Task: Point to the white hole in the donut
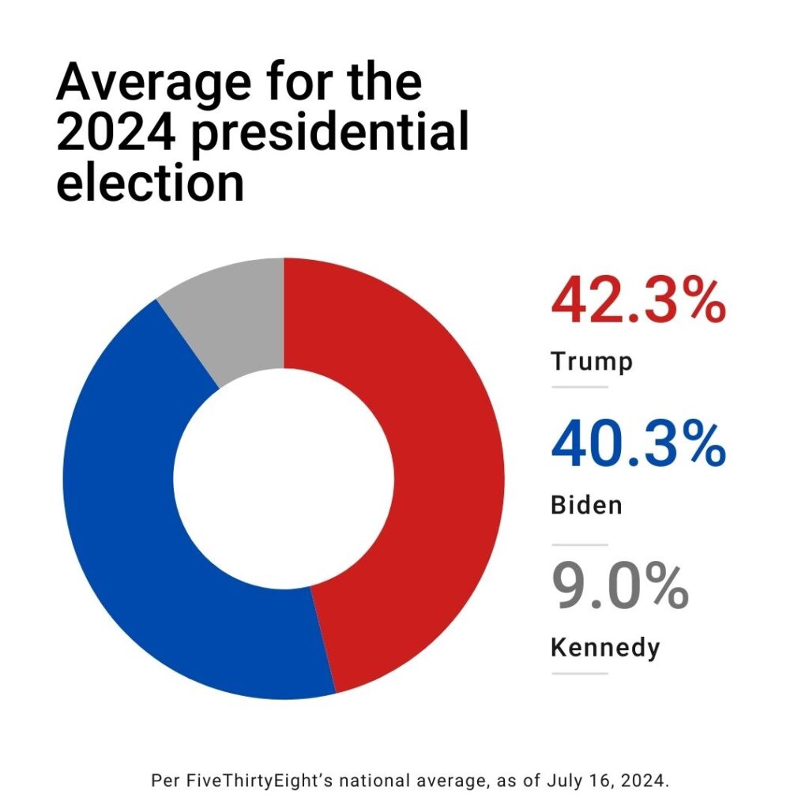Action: click(283, 478)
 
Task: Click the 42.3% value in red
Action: click(638, 300)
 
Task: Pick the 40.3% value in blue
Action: click(638, 444)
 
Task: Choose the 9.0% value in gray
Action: click(619, 586)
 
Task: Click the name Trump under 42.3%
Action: click(592, 362)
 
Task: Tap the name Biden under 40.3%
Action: click(586, 504)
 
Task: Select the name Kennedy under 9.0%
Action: click(604, 648)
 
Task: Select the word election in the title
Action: click(150, 182)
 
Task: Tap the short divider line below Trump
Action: click(579, 387)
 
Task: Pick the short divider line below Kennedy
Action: click(579, 674)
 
